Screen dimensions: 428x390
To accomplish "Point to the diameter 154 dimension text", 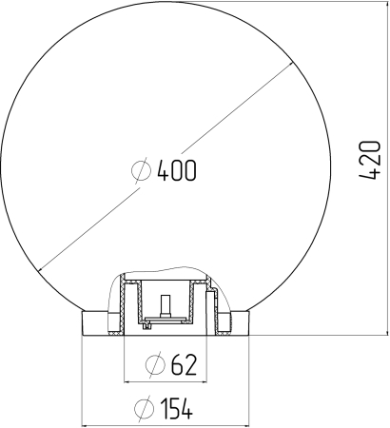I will coord(165,409).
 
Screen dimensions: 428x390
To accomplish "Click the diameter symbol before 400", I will coord(140,171).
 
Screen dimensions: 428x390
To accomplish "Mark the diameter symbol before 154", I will coord(144,409).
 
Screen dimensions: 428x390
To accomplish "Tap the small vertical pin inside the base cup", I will coord(166,307).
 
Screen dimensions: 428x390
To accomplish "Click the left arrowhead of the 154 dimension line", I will coord(87,423).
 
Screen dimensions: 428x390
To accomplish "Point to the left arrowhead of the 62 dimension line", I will coord(128,379).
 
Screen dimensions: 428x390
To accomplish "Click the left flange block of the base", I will coord(99,323).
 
